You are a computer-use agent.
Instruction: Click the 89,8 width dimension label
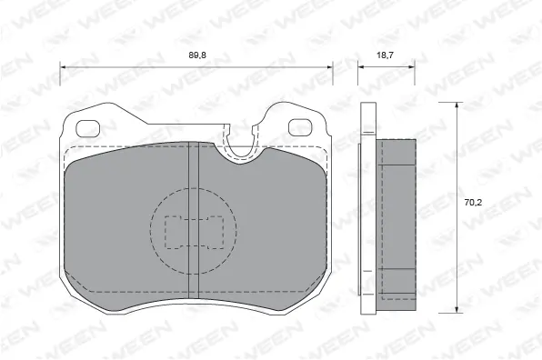coord(196,55)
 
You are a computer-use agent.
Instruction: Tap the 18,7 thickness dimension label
coord(385,55)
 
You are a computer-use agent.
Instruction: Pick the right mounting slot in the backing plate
coord(300,126)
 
